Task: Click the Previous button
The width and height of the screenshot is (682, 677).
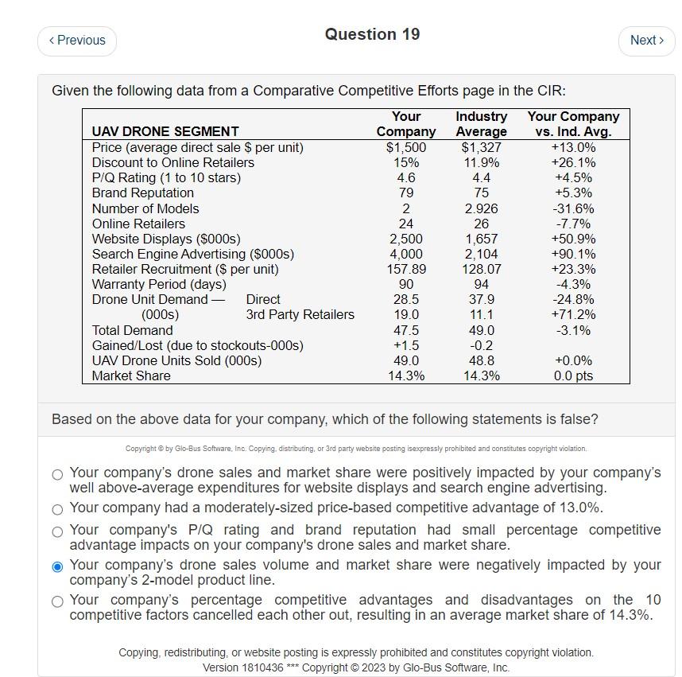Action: [77, 41]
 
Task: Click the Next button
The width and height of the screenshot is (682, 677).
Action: [646, 41]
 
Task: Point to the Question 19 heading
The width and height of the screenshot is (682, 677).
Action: [372, 34]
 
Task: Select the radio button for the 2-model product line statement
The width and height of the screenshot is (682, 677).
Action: [57, 566]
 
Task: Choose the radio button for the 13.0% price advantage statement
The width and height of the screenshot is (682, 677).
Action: [57, 509]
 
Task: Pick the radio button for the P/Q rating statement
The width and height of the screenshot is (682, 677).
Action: [57, 531]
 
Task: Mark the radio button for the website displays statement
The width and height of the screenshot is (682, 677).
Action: [57, 474]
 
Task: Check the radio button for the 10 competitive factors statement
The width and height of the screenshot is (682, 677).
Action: [57, 601]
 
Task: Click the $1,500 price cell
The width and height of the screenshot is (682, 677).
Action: [405, 147]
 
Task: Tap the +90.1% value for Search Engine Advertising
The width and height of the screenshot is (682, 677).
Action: [573, 254]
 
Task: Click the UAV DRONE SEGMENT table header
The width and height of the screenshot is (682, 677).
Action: [165, 131]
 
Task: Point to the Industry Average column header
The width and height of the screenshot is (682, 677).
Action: [481, 124]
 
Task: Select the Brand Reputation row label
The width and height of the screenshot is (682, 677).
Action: [143, 193]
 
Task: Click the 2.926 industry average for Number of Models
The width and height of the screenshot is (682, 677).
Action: [481, 208]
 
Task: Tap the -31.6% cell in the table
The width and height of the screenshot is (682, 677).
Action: [573, 208]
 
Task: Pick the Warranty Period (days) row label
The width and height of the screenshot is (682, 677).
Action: [159, 284]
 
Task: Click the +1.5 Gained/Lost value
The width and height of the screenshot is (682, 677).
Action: [405, 345]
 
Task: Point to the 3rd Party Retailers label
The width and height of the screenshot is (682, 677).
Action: [300, 314]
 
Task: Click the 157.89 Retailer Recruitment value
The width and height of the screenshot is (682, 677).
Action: [405, 269]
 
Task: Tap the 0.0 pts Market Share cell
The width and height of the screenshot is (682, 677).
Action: [573, 375]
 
